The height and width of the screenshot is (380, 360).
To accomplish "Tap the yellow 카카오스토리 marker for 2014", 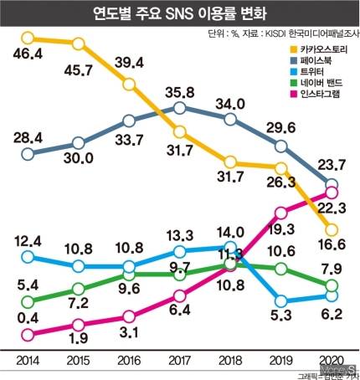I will pos(28,38).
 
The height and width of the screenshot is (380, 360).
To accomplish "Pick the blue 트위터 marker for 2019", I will pos(281,300).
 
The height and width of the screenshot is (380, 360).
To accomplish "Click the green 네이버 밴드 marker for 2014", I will pos(28,301).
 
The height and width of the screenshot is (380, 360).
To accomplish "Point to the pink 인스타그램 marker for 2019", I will pos(281,211).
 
